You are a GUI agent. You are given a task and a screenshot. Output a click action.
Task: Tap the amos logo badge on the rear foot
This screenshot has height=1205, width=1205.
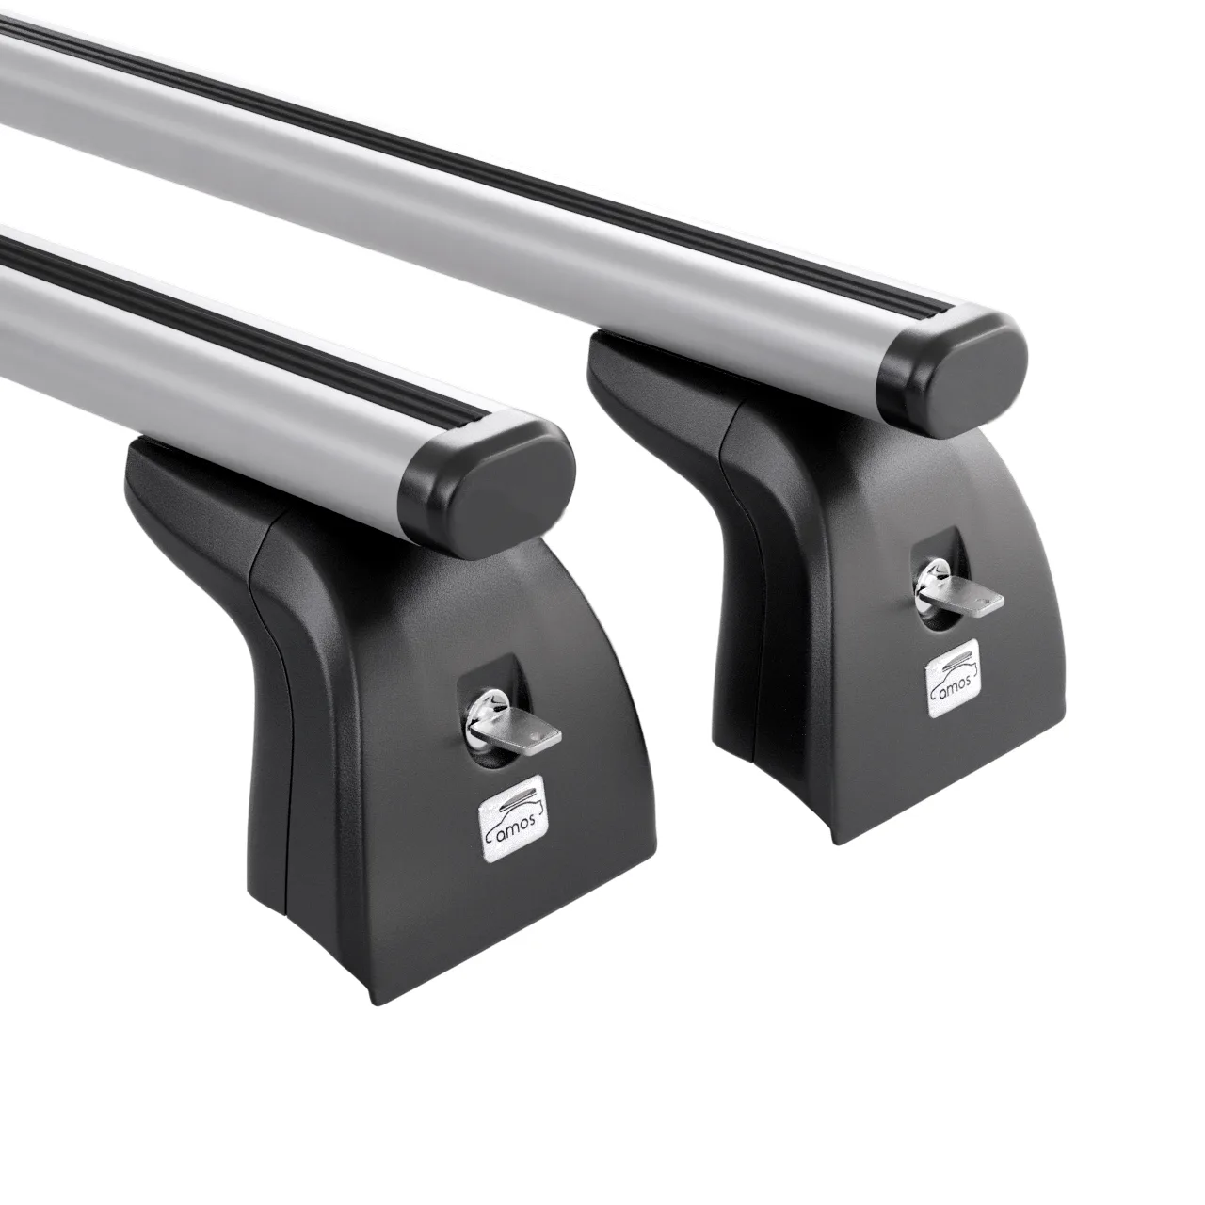click(953, 675)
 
